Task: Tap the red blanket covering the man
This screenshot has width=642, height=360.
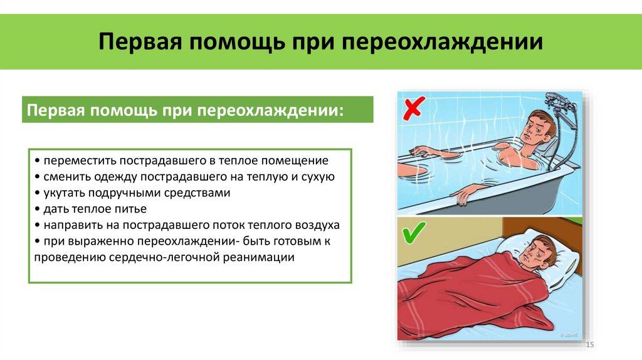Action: (x=476, y=295)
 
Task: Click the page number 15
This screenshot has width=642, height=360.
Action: (x=589, y=346)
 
